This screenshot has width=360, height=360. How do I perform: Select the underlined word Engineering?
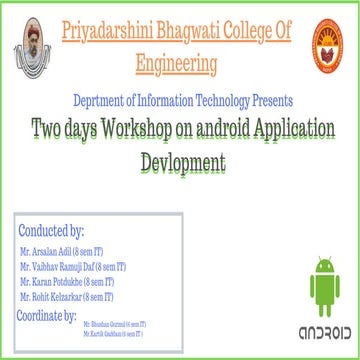(177, 65)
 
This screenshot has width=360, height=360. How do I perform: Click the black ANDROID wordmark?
(325, 331)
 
